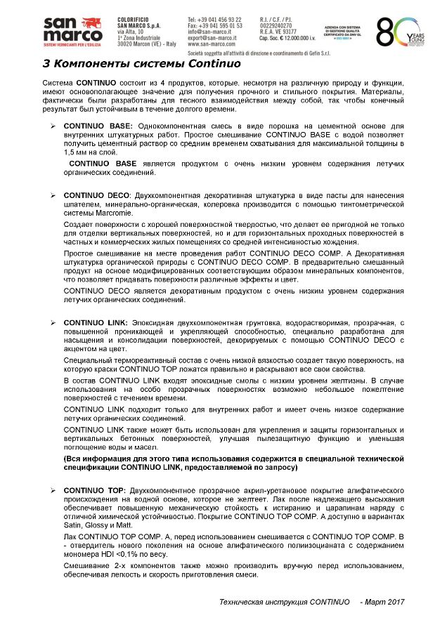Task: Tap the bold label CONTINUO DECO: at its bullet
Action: pyautogui.click(x=98, y=195)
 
